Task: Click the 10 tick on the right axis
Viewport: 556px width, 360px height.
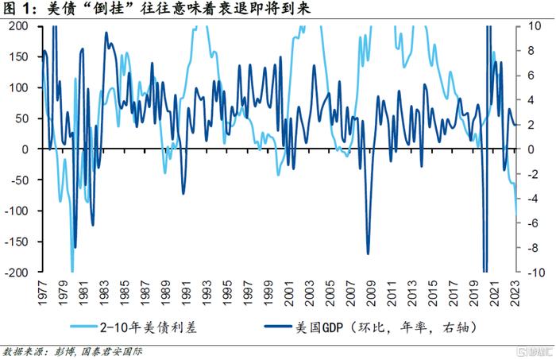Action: [535, 26]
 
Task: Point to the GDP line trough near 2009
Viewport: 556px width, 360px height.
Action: [368, 254]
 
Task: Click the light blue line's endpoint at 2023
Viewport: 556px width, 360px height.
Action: [517, 216]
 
